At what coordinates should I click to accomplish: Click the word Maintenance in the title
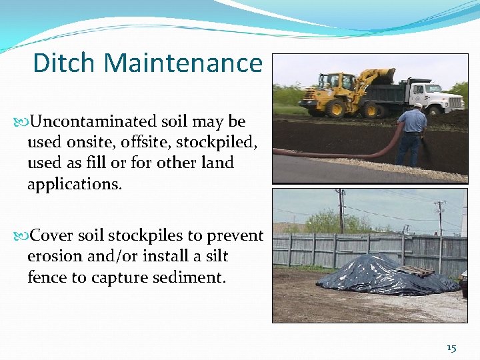pos(183,63)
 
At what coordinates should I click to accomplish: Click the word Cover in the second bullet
pos(52,236)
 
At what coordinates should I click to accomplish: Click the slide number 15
pos(451,348)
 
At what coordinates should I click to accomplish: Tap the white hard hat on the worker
pos(417,105)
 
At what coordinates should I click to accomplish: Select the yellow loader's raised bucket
pos(381,75)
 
